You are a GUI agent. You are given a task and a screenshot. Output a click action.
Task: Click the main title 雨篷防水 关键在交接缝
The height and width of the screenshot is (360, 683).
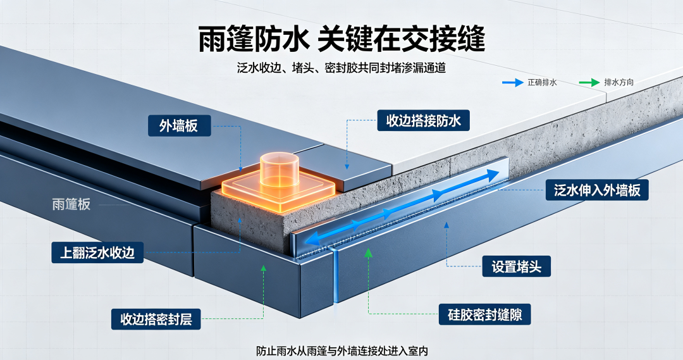tap(341, 39)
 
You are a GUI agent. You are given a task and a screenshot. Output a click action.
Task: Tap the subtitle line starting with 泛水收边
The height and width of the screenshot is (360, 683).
tap(341, 68)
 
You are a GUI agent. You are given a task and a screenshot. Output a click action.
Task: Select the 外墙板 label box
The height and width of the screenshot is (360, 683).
tap(179, 126)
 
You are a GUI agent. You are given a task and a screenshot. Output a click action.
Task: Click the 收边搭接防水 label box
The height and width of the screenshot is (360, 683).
tap(423, 120)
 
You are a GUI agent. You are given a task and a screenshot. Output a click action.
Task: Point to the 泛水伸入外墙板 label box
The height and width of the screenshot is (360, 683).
tap(597, 190)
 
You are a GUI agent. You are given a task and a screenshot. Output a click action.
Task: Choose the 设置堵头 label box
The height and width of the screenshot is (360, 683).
tap(516, 266)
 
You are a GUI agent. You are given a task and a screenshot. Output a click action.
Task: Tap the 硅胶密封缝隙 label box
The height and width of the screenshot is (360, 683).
tap(484, 314)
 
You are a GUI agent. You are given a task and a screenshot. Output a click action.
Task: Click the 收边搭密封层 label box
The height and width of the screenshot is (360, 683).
tap(156, 319)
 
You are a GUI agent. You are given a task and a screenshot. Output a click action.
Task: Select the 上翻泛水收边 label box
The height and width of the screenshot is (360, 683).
tap(97, 252)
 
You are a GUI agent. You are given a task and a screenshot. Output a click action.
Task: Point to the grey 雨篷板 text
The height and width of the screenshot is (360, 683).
tap(71, 204)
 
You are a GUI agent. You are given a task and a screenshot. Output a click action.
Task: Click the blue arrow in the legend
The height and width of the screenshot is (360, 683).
tap(512, 82)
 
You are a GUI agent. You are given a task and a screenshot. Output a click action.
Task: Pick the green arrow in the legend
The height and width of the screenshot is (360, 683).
tap(589, 82)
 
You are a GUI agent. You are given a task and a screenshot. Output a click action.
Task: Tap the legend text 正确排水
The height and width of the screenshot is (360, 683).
tap(543, 82)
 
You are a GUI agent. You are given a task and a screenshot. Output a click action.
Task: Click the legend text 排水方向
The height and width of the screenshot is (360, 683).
tap(619, 82)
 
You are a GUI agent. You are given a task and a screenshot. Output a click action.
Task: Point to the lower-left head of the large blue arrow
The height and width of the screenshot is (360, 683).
tap(311, 240)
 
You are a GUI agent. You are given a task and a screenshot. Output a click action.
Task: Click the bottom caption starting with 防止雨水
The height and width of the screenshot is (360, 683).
tap(341, 351)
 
